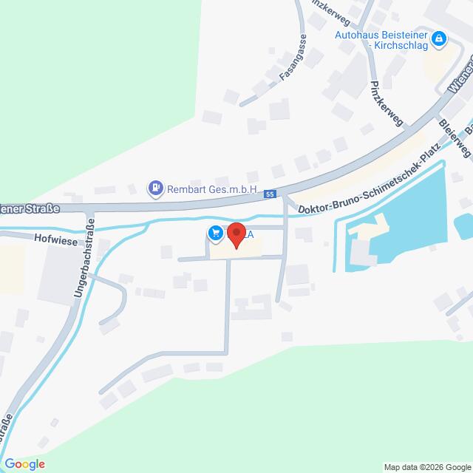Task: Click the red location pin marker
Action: click(x=236, y=235)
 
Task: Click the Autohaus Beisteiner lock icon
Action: click(x=439, y=38)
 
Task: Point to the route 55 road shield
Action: click(x=270, y=194)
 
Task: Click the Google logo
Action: click(x=24, y=464)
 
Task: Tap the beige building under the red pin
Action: click(x=236, y=251)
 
